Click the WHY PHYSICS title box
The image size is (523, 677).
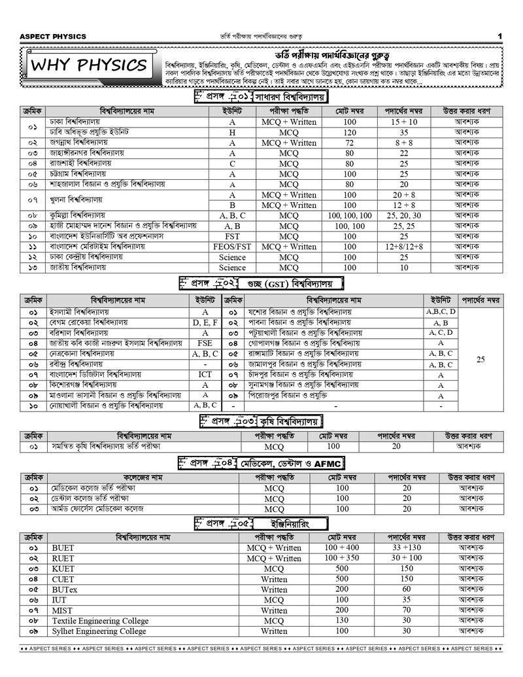pos(90,65)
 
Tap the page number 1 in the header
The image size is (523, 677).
pos(499,36)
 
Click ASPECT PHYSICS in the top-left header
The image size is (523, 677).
pos(53,36)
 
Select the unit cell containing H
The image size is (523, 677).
pos(232,132)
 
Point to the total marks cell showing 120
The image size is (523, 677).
pos(350,132)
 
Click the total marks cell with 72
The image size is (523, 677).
pos(350,143)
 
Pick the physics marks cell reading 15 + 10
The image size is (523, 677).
pos(404,122)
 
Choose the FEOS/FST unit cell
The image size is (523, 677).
pos(232,247)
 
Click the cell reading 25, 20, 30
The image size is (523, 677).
pos(404,215)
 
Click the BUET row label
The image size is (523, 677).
pos(63,547)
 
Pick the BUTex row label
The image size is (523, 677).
pos(65,589)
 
